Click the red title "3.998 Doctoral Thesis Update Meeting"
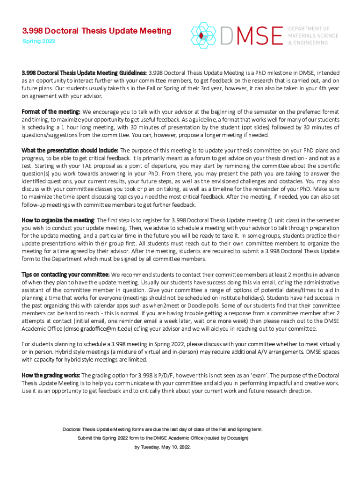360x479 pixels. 97,31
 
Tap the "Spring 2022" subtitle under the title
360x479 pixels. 39,41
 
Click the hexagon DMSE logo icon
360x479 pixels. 202,36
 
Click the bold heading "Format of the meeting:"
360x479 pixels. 51,112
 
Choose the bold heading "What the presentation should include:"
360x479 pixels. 70,151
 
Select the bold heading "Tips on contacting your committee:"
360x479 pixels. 65,274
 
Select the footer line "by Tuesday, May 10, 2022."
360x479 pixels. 163,447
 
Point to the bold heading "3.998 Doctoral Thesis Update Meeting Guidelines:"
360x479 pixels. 84,73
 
